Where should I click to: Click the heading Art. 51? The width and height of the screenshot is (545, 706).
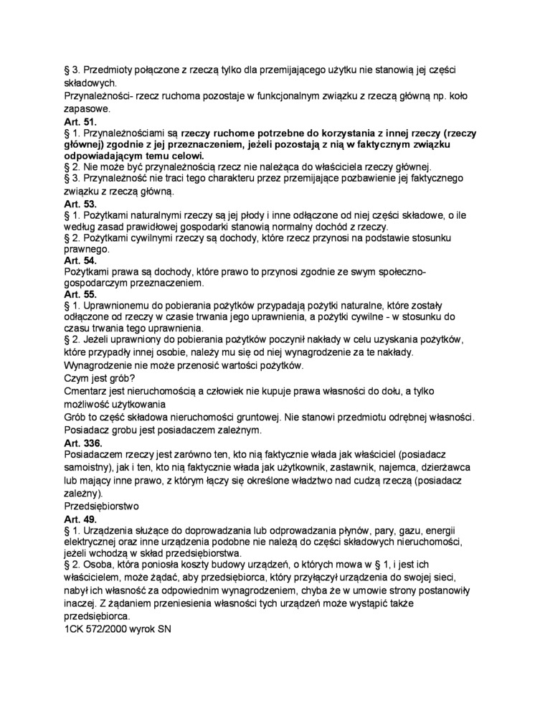(80, 123)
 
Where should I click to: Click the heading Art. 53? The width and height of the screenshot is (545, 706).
(80, 204)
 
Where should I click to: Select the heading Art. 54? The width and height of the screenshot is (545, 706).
(80, 260)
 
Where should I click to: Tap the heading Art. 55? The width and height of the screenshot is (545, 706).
(80, 295)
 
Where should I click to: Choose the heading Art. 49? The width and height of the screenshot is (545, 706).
(80, 518)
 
